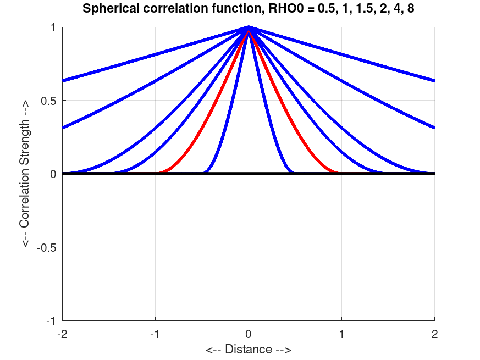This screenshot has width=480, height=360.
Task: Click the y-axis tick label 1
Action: [x=54, y=27]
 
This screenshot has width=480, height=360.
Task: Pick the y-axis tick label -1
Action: [x=52, y=320]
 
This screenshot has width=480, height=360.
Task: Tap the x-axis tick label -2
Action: [x=62, y=334]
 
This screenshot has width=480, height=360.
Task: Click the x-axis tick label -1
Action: [x=155, y=334]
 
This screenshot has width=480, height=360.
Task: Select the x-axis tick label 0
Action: [x=249, y=334]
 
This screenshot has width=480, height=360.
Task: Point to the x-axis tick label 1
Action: [x=342, y=334]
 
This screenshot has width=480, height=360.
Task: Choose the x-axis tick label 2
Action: [x=435, y=334]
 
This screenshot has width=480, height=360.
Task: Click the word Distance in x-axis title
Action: [x=249, y=349]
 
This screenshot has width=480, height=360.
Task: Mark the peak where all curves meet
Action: [x=249, y=27]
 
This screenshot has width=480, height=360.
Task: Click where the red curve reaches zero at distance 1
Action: [x=341, y=173]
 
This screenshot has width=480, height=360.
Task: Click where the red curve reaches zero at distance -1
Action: [x=156, y=173]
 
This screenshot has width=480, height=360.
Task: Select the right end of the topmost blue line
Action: [x=434, y=81]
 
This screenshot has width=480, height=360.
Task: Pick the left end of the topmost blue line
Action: [x=63, y=81]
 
